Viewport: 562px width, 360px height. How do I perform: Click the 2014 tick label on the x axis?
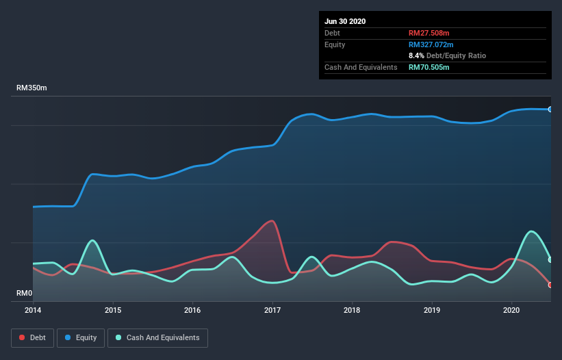(x=33, y=310)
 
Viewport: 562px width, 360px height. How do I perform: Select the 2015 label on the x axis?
(x=113, y=310)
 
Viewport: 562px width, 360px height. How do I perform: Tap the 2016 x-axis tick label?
(x=193, y=310)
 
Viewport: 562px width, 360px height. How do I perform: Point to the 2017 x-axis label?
(x=272, y=310)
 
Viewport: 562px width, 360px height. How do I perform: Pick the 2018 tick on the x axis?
(x=353, y=310)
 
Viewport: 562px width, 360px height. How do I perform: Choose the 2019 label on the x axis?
(x=432, y=310)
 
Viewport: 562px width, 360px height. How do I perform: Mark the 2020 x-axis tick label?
(x=512, y=310)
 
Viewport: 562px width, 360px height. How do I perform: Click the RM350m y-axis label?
(x=32, y=88)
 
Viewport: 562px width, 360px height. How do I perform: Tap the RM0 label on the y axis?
(x=24, y=294)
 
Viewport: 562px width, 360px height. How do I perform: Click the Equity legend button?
(x=81, y=337)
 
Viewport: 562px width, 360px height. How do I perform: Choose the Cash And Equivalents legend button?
(x=157, y=337)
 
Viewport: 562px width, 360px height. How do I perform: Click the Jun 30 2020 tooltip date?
(x=345, y=21)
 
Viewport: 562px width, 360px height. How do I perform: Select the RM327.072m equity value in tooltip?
(x=430, y=44)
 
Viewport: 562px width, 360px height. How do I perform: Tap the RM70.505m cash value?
(x=429, y=67)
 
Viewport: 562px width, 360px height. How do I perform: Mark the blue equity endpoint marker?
(x=550, y=110)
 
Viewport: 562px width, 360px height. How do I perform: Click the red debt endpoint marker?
(x=550, y=285)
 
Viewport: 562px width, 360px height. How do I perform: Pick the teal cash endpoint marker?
(x=550, y=259)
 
